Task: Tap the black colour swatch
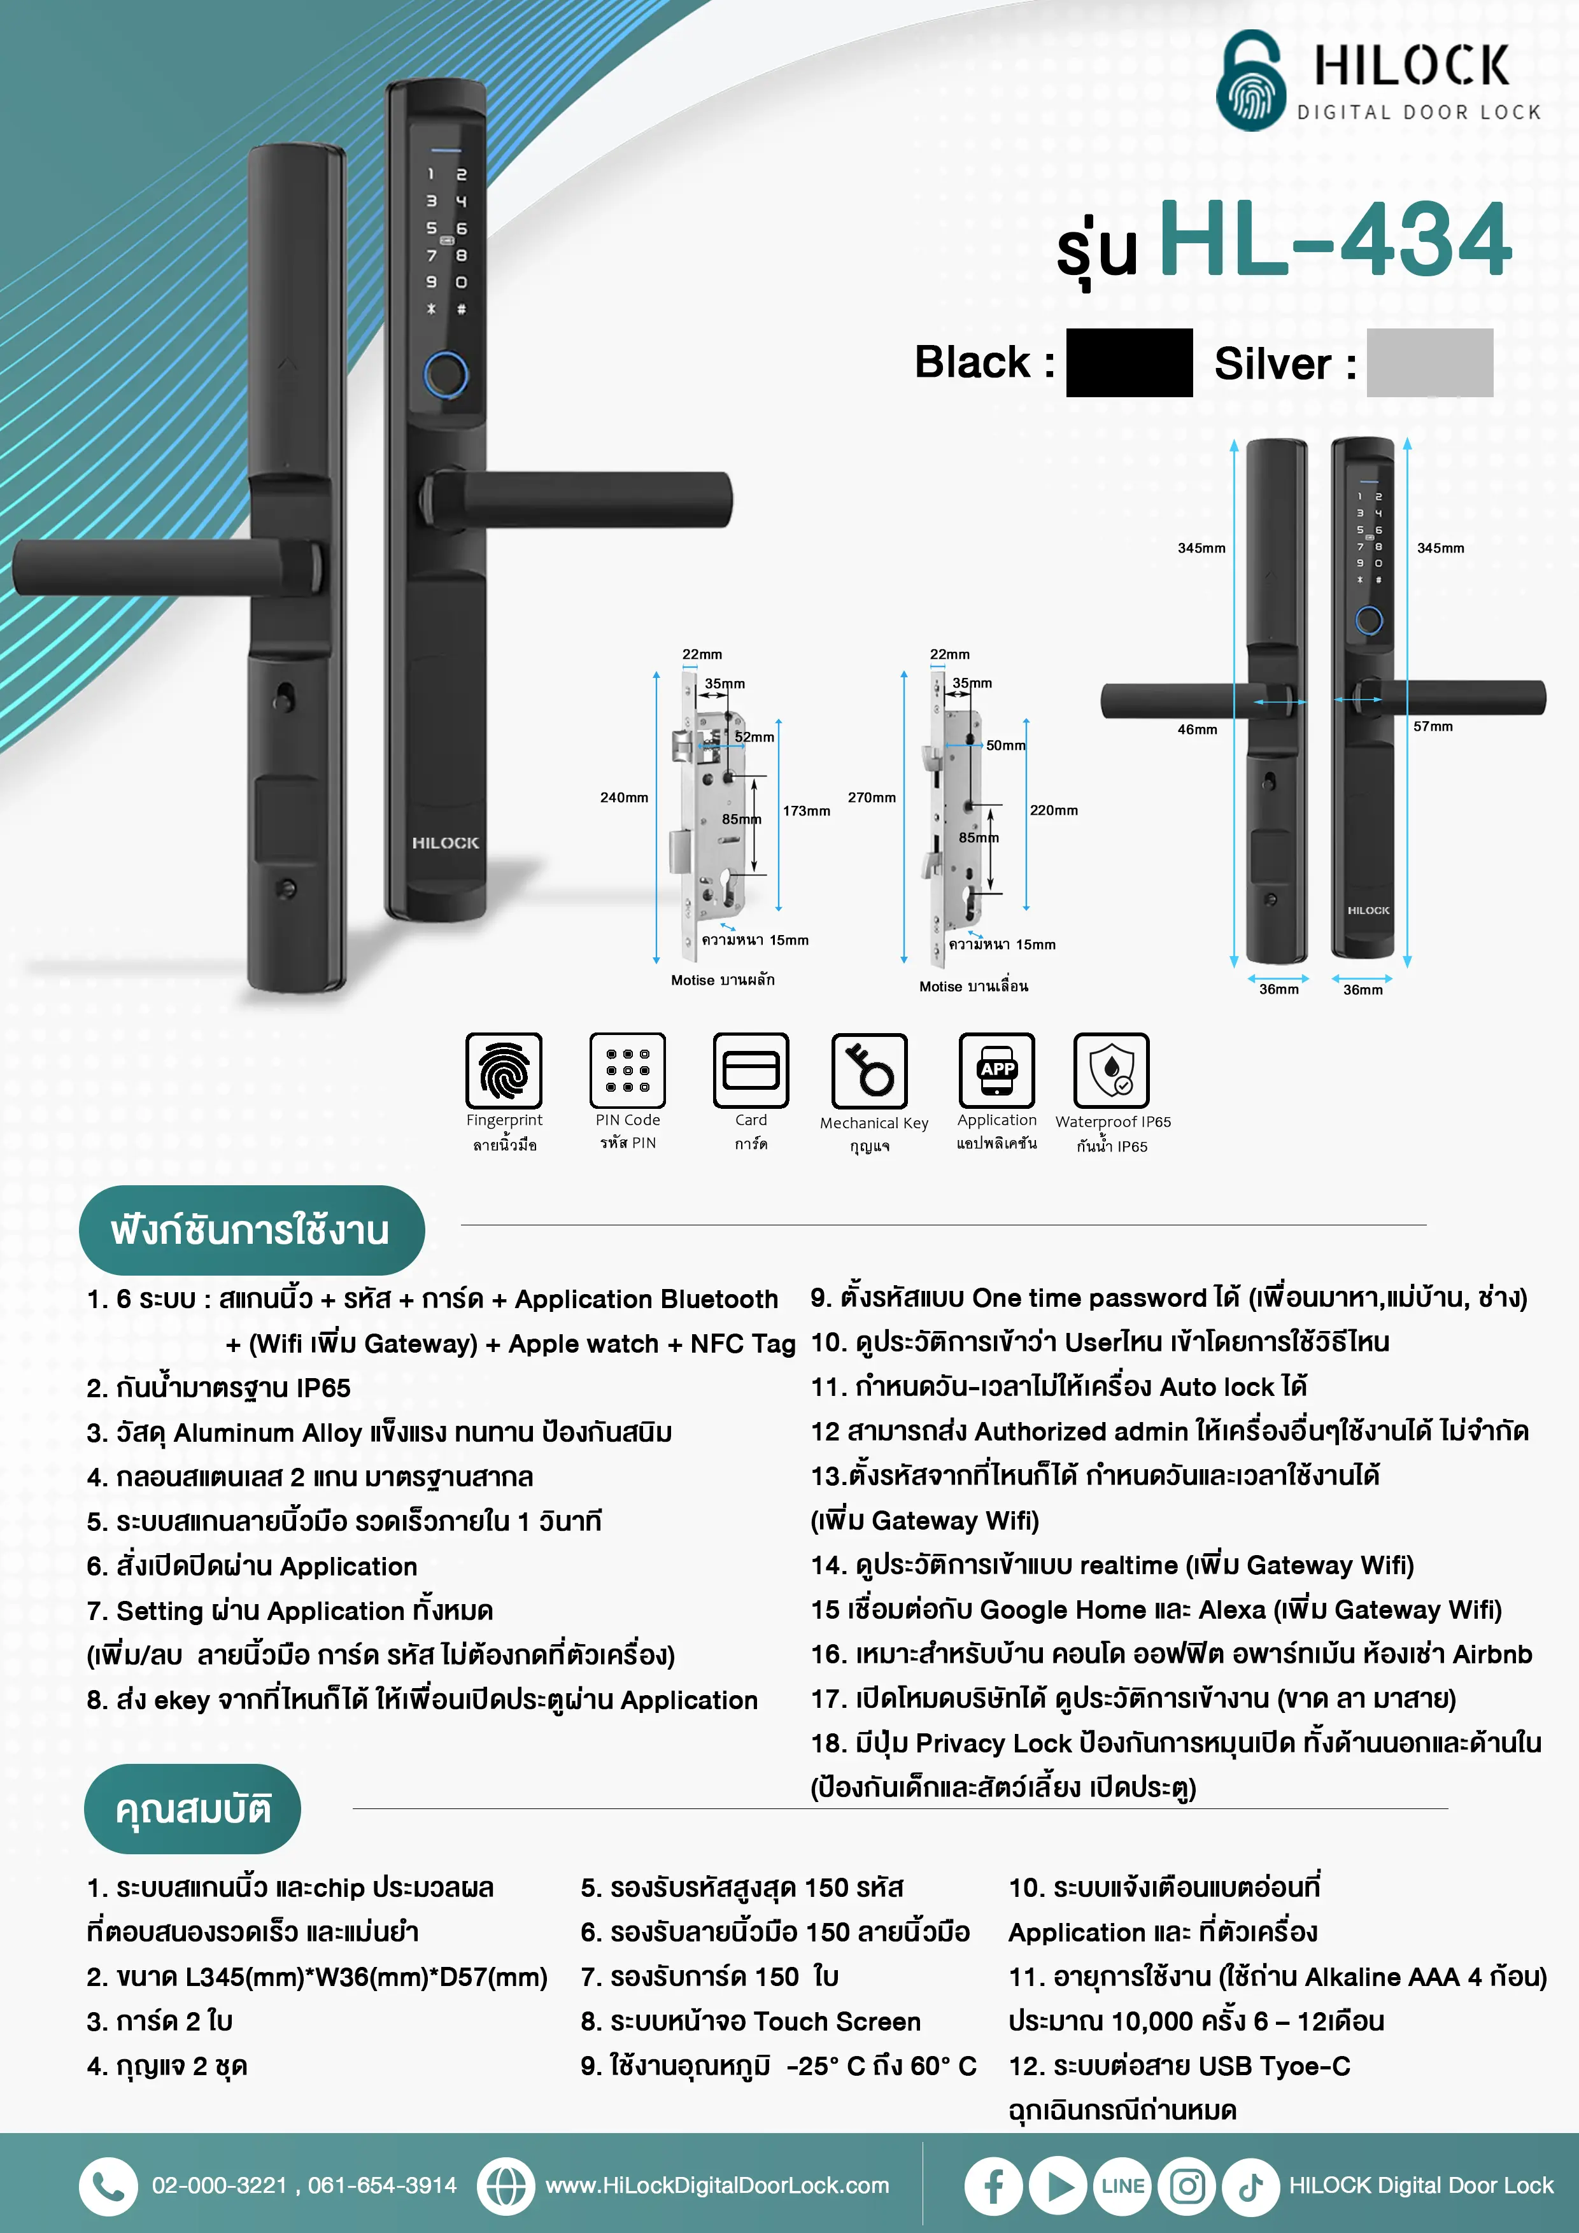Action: point(1129,363)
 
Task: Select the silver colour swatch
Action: point(1429,363)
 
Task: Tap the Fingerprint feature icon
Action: point(504,1071)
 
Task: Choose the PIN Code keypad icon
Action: point(628,1071)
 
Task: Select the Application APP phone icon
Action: point(996,1071)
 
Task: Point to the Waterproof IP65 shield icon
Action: point(1111,1071)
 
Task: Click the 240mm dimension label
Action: point(623,798)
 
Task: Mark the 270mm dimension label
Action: point(871,798)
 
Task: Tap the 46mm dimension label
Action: point(1196,729)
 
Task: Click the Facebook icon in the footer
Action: point(993,2187)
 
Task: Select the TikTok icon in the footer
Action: point(1250,2187)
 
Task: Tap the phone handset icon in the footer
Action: point(108,2187)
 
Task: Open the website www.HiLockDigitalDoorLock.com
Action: point(717,2187)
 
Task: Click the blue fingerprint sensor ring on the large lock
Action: point(446,374)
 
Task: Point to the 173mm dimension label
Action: point(807,810)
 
